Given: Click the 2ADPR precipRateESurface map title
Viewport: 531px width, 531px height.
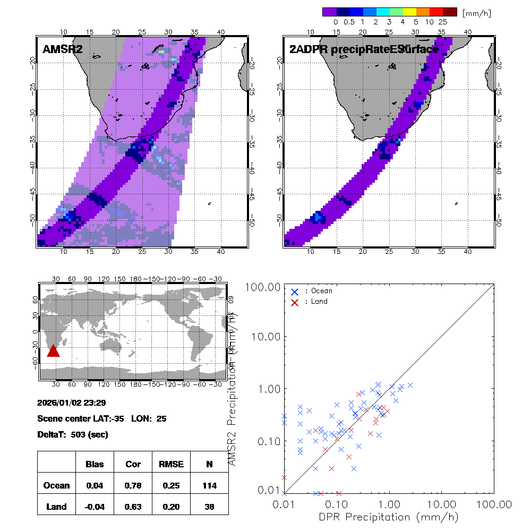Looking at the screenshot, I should (x=364, y=49).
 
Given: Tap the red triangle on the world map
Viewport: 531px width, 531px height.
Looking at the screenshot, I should (x=53, y=350).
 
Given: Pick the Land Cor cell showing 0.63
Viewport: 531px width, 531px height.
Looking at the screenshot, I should (x=133, y=507).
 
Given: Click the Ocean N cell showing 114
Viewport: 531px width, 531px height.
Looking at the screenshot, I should (x=209, y=485).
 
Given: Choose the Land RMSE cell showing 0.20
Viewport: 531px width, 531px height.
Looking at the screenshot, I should (x=171, y=507).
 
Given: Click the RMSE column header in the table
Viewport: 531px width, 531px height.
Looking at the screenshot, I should (x=171, y=464).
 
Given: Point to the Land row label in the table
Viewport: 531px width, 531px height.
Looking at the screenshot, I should (x=57, y=507).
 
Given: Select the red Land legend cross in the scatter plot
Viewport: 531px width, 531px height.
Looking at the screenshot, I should (x=295, y=302).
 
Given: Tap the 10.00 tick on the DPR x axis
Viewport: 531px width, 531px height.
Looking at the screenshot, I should (x=442, y=503).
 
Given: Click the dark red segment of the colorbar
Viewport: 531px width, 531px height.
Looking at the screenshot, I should (x=450, y=11).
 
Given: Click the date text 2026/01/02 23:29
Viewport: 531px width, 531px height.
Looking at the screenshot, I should (x=72, y=402).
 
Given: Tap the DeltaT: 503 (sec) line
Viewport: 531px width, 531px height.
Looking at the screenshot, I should (x=73, y=434).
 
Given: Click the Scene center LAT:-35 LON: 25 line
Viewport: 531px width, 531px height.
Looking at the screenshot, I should (x=102, y=418).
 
